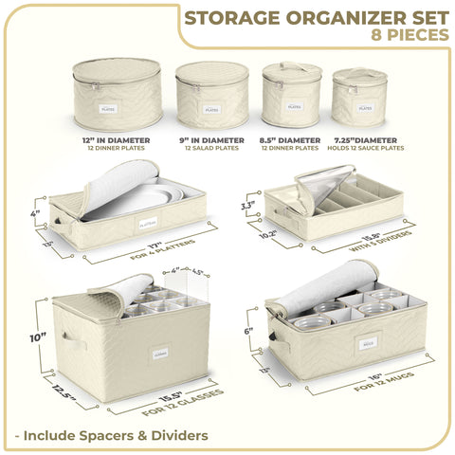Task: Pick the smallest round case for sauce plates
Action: coord(357,99)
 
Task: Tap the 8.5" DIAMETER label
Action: coord(290,141)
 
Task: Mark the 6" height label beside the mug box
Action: coord(247,331)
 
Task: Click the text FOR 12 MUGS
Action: coord(379,386)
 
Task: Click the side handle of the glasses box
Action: coord(68,340)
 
